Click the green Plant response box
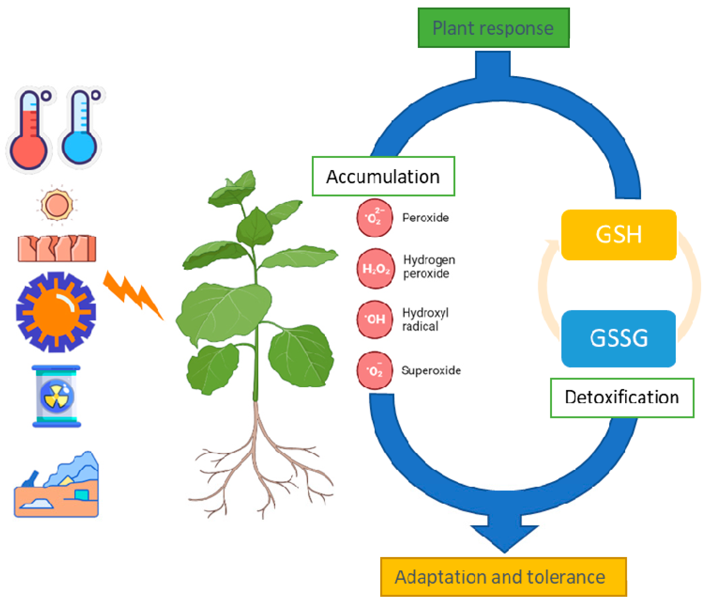pyautogui.click(x=493, y=28)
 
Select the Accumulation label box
pyautogui.click(x=383, y=176)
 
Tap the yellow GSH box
pyautogui.click(x=618, y=235)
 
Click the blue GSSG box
pyautogui.click(x=618, y=338)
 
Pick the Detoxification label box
pyautogui.click(x=622, y=397)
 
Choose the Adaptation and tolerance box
pyautogui.click(x=503, y=577)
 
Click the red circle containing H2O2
pyautogui.click(x=375, y=269)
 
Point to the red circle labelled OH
pyautogui.click(x=375, y=319)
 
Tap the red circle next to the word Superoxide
pyautogui.click(x=375, y=370)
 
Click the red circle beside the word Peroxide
pyautogui.click(x=375, y=218)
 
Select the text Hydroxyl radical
pyautogui.click(x=425, y=319)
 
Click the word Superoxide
pyautogui.click(x=431, y=370)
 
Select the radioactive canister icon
pyautogui.click(x=56, y=396)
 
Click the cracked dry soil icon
pyautogui.click(x=57, y=248)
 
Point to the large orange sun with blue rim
pyautogui.click(x=56, y=312)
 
